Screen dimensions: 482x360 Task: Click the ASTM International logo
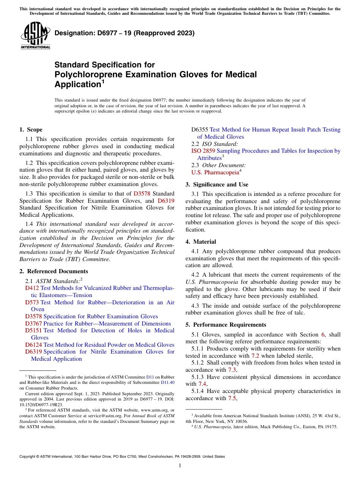point(35,35)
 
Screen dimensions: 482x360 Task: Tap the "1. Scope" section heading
point(31,130)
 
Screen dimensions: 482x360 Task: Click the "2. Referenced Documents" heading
point(53,271)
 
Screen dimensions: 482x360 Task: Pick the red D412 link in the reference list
point(32,288)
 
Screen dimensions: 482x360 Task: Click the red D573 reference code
point(32,302)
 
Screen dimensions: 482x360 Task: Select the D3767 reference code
point(33,324)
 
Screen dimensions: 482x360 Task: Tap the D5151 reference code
point(33,330)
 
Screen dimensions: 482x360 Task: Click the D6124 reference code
point(33,345)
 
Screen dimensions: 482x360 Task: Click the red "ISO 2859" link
point(203,151)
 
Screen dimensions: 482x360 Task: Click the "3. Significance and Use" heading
point(217,185)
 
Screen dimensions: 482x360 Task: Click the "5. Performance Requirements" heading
point(226,325)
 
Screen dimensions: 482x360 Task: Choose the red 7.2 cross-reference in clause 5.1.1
point(255,356)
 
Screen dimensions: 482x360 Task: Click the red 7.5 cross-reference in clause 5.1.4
point(232,398)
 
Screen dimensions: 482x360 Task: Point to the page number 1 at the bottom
point(180,466)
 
